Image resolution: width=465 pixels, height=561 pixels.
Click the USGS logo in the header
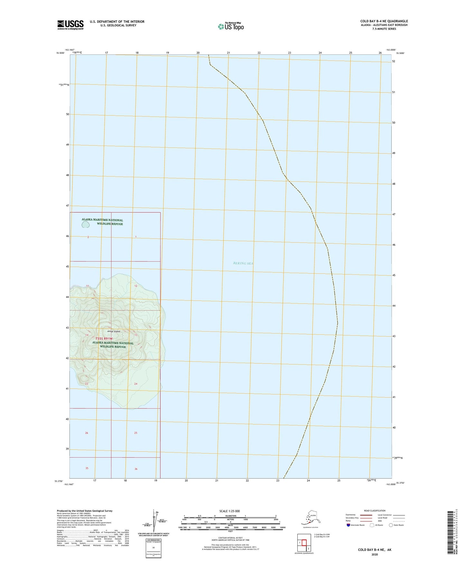pyautogui.click(x=70, y=25)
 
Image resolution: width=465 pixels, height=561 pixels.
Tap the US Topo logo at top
pyautogui.click(x=230, y=26)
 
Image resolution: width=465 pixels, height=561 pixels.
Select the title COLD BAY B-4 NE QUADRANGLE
pyautogui.click(x=384, y=21)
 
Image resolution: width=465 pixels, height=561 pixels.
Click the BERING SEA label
pyautogui.click(x=243, y=263)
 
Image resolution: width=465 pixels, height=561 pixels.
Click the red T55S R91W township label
pyautogui.click(x=104, y=339)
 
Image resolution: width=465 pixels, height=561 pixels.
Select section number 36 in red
pyautogui.click(x=136, y=469)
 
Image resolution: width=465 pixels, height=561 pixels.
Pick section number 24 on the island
pyautogui.click(x=136, y=384)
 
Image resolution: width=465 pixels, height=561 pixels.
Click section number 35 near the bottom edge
pyautogui.click(x=87, y=468)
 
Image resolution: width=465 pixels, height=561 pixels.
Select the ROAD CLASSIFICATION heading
pyautogui.click(x=375, y=511)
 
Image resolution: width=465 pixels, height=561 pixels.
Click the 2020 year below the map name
pyautogui.click(x=374, y=554)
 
